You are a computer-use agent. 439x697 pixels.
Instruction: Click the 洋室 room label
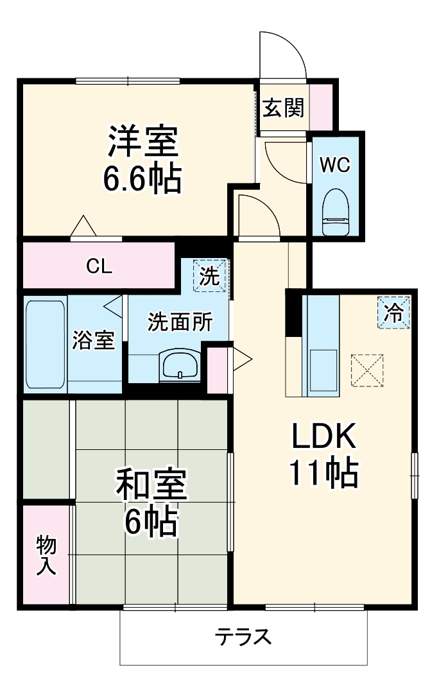pos(143,141)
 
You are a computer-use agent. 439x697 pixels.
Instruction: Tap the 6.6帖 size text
pos(142,178)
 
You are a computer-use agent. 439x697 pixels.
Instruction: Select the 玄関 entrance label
pos(283,108)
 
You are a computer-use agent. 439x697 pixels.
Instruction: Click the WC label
pos(336,165)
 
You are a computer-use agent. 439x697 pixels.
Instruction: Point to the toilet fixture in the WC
pos(336,212)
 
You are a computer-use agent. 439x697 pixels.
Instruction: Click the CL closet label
pos(99,266)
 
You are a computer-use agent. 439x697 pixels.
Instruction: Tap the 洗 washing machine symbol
pos(209,275)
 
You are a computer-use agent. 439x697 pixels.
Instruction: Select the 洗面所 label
pos(180,322)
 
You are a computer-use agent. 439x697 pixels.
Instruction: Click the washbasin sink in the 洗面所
pos(180,365)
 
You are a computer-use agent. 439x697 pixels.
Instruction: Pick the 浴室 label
pos(94,340)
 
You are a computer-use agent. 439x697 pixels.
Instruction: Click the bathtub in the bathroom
pos(46,345)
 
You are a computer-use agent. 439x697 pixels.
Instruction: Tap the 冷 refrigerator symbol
pos(393,312)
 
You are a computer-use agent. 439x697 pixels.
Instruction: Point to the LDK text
pos(323,436)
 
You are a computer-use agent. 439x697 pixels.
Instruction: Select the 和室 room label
pos(151,484)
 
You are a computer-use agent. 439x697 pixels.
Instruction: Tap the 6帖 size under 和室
pos(151,521)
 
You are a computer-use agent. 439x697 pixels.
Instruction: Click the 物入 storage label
pos(46,555)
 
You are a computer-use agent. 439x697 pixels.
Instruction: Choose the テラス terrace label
pos(243,637)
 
